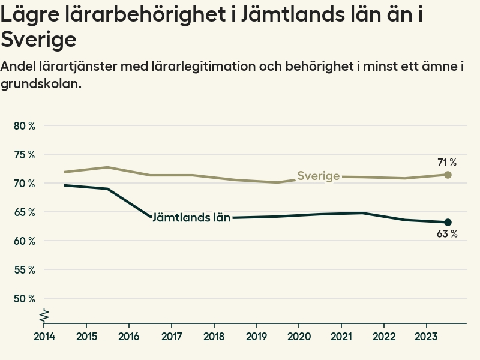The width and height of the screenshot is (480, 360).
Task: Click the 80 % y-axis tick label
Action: coord(24,126)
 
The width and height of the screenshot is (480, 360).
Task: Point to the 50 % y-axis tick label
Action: coord(24,299)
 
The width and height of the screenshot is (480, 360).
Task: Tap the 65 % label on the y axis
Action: coord(24,212)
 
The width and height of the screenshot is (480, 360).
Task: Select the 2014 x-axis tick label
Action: coord(44,336)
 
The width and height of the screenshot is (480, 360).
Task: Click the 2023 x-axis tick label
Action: coord(426,336)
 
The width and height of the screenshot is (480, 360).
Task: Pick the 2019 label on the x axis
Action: coord(256,336)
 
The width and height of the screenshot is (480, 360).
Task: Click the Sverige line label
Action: coord(319,176)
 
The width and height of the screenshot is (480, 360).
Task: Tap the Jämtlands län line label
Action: coord(191,218)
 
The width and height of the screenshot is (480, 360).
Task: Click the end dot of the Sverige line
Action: coord(448,175)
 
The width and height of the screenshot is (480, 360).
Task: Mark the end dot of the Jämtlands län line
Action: coord(448,223)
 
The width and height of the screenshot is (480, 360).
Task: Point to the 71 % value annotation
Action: coord(447,163)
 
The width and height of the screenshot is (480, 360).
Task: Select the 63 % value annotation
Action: coord(447,235)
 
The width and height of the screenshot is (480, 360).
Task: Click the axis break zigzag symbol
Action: coord(44,314)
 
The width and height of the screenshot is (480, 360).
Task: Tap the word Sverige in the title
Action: coord(38,40)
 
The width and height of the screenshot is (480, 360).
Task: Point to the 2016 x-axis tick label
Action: coord(129,336)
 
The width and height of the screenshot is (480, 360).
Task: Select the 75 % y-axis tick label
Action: coord(24,155)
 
